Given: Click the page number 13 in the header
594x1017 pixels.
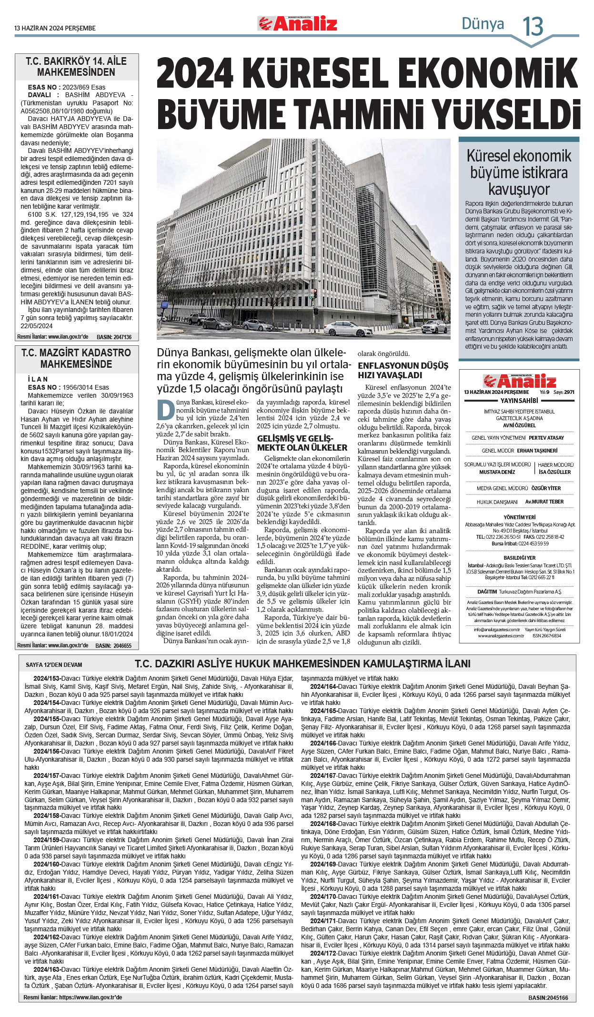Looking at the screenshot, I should [x=533, y=26].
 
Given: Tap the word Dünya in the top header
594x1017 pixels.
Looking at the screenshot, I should [x=483, y=23].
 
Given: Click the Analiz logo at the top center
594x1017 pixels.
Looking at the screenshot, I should [x=298, y=23].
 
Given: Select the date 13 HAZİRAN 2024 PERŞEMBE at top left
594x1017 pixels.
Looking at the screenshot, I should [x=55, y=28].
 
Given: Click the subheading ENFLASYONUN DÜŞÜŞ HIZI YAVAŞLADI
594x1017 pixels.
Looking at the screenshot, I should [x=403, y=370].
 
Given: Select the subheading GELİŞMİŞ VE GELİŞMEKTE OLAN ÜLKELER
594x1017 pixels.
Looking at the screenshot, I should [x=302, y=443].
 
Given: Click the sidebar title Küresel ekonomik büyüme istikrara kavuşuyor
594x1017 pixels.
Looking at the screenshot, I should [x=519, y=172].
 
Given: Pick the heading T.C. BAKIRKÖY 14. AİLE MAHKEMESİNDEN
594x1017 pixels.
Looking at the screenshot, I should [x=76, y=67].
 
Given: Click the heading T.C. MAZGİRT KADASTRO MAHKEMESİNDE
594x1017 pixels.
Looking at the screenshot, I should [x=76, y=358].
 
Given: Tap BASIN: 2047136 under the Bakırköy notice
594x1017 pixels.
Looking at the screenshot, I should [x=114, y=337].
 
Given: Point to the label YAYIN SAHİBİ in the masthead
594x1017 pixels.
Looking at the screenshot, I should [x=519, y=401].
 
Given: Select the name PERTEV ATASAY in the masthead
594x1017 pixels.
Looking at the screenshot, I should [x=546, y=438].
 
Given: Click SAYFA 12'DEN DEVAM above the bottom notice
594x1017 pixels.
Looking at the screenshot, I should [x=54, y=665].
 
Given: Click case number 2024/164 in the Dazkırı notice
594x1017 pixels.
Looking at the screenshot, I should [x=323, y=686].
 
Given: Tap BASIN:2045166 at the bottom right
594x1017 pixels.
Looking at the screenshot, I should [x=548, y=997].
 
